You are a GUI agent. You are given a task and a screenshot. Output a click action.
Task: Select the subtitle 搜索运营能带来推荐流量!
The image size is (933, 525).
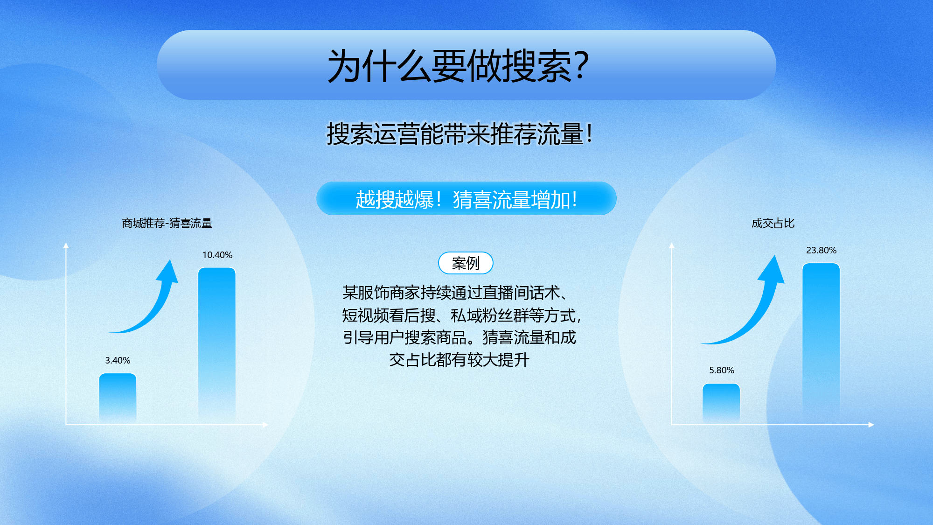click(460, 134)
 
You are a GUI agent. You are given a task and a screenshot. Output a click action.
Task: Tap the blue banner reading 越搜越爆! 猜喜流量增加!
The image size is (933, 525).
click(466, 199)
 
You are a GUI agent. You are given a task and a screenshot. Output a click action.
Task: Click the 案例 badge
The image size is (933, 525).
click(466, 263)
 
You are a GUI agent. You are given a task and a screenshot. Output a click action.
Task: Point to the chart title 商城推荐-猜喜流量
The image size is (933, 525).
click(167, 223)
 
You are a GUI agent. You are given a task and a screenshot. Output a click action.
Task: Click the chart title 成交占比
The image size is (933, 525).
click(773, 223)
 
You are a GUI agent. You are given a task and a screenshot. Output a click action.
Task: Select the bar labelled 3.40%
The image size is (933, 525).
click(118, 398)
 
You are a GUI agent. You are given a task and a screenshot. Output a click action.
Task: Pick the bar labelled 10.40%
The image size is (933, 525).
click(217, 345)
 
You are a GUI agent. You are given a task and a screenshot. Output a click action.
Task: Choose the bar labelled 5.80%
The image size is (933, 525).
click(721, 403)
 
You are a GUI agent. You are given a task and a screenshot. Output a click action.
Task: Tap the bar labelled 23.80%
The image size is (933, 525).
click(821, 343)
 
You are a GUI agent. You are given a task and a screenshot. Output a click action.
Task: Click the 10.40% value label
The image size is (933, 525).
click(217, 255)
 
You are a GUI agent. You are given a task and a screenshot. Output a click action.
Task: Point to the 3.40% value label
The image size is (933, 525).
click(118, 360)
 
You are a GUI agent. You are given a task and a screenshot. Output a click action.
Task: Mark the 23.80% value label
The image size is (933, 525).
click(822, 250)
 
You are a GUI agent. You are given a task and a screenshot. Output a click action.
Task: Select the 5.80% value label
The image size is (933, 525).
click(722, 370)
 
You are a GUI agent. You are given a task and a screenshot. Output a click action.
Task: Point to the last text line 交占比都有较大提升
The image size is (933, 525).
click(460, 360)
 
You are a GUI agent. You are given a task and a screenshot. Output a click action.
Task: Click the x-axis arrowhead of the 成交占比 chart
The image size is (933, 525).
click(871, 425)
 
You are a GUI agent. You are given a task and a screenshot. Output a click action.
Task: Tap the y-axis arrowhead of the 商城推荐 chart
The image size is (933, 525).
click(66, 245)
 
